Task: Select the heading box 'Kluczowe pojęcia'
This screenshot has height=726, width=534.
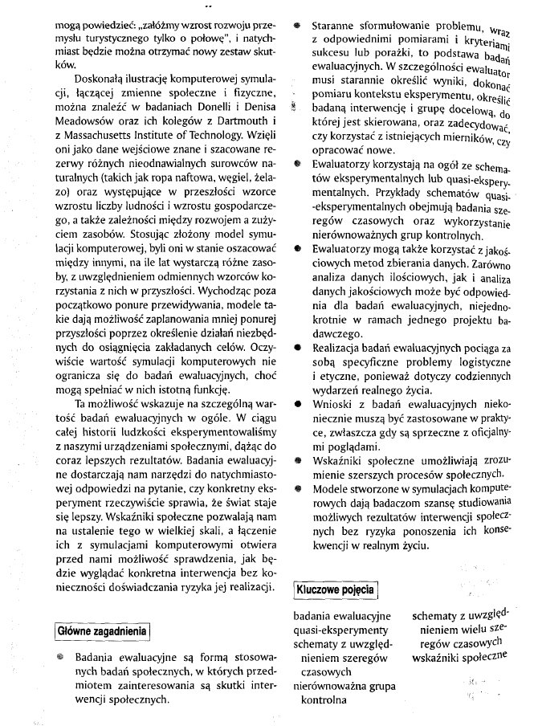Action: tap(336, 589)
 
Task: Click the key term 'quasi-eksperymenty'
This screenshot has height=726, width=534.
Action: tap(340, 631)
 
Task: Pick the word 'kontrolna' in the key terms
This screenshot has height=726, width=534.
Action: tap(324, 699)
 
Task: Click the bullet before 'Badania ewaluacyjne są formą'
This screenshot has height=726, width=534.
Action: tap(59, 657)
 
